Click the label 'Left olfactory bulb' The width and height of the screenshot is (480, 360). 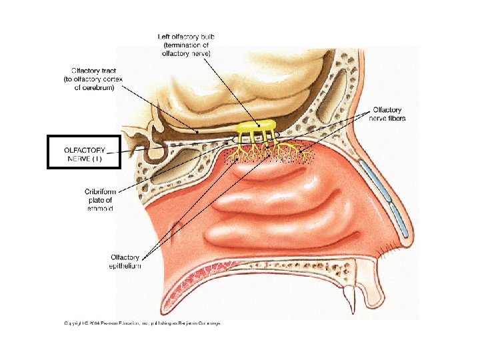pyautogui.click(x=186, y=36)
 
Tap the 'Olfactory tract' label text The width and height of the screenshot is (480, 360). pyautogui.click(x=93, y=69)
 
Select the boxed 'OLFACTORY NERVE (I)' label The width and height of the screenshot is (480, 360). pyautogui.click(x=84, y=151)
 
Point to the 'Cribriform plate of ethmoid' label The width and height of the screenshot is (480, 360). pyautogui.click(x=99, y=199)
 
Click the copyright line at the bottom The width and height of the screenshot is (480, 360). pyautogui.click(x=142, y=323)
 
